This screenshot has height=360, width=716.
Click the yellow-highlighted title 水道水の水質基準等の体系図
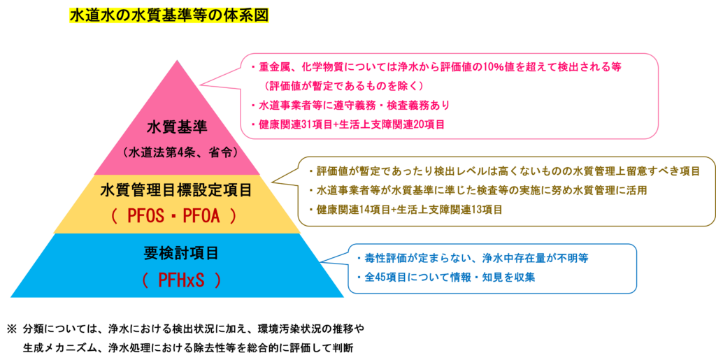(x=169, y=15)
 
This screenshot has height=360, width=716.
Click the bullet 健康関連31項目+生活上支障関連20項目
(x=347, y=124)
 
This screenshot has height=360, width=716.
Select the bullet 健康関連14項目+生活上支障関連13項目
(x=405, y=209)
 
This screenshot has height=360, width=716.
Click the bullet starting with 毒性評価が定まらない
(x=471, y=258)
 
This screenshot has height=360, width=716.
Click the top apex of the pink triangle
(x=178, y=61)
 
